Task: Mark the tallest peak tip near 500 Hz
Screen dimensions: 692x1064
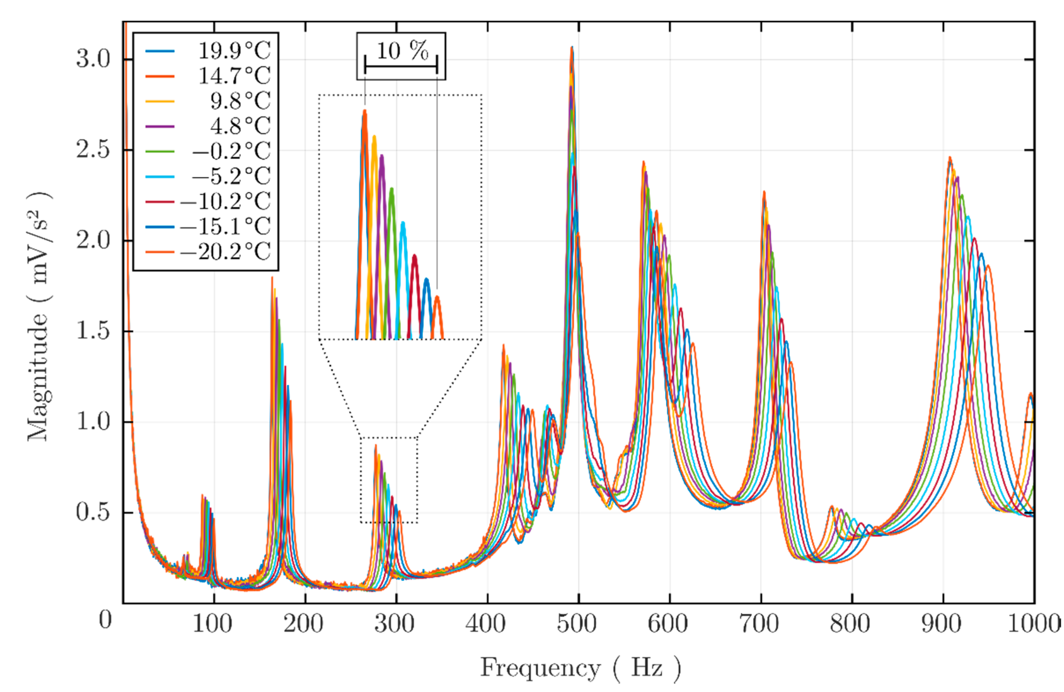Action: (572, 47)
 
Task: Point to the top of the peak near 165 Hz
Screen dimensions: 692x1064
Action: (272, 278)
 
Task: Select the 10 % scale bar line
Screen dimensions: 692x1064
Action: (401, 67)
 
